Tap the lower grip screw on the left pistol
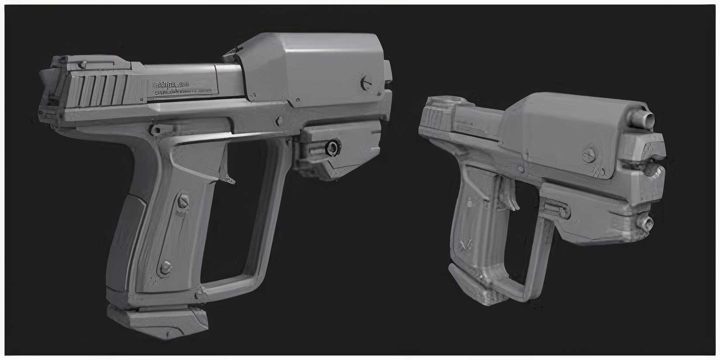click(166, 267)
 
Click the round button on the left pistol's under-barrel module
click(334, 147)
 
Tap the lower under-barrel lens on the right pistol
click(646, 223)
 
